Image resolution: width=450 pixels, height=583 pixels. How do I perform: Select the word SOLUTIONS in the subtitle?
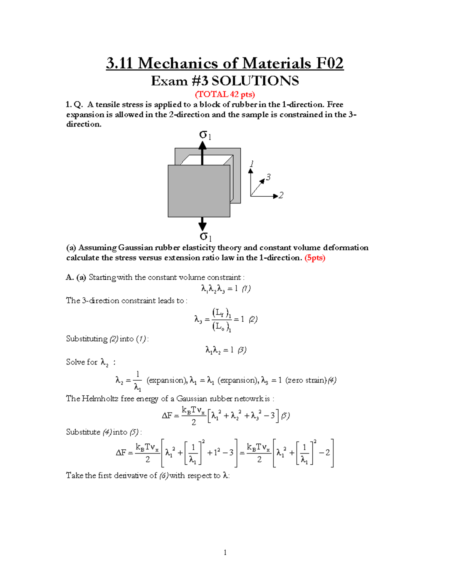pos(255,81)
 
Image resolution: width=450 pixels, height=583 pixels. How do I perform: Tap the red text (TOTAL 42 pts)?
pos(225,94)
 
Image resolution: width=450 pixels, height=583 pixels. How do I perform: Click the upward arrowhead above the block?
pos(202,145)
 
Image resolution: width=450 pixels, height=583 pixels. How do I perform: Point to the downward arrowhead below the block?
pos(202,226)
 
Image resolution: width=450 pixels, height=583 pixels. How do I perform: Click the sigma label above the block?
pos(205,135)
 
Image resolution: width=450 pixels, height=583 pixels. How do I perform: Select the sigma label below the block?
pos(205,237)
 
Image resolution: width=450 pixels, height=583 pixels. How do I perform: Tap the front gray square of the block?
pos(199,191)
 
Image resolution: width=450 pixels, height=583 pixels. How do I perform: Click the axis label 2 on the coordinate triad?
pos(281,195)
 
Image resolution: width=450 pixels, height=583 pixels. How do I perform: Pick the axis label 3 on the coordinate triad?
pos(268,177)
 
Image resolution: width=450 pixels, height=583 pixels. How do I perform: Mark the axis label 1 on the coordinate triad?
pos(252,164)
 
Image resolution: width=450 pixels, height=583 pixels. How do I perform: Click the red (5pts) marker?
pos(315,258)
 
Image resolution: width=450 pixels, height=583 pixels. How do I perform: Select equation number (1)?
pos(246,289)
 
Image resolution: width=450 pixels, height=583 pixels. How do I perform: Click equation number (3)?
pos(242,350)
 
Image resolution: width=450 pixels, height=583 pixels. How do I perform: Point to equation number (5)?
pos(285,416)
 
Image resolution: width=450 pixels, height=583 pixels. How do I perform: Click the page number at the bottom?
pos(225,552)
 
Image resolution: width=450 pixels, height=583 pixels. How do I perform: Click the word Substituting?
pos(87,339)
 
